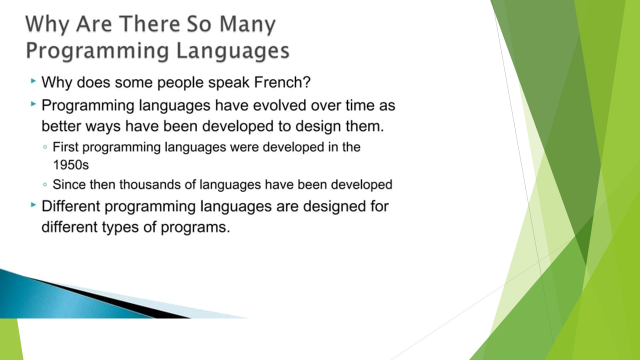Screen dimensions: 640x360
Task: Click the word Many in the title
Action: click(x=247, y=24)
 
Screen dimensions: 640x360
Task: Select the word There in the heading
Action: click(x=149, y=24)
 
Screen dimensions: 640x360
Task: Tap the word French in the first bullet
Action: click(x=282, y=82)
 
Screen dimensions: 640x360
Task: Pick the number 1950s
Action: click(x=71, y=165)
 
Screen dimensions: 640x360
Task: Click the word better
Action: click(x=61, y=126)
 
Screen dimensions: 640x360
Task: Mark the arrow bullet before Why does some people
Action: click(x=33, y=81)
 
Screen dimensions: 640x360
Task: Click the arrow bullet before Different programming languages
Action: click(x=33, y=205)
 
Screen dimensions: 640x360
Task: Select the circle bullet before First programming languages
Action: click(x=45, y=147)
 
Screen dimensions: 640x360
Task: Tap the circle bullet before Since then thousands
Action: click(x=45, y=184)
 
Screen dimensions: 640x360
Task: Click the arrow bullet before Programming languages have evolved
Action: click(x=33, y=104)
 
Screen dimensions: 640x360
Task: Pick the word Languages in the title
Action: click(x=233, y=51)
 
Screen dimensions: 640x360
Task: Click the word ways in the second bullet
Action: click(x=103, y=127)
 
